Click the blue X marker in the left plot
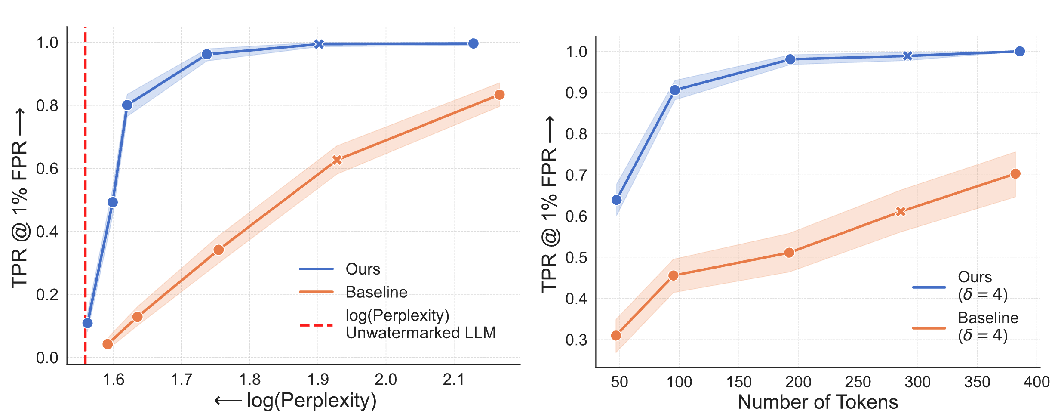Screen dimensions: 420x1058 319,44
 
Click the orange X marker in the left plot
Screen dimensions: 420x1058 337,160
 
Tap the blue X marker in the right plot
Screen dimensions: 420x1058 907,56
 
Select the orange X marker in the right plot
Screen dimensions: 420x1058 901,212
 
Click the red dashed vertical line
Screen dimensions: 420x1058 85,194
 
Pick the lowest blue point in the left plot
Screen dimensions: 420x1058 87,323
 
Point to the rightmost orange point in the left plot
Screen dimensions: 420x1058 499,95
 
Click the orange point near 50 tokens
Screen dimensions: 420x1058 616,336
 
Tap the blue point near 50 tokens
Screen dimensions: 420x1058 616,200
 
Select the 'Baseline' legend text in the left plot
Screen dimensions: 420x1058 376,292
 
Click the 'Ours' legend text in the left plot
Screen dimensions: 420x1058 363,269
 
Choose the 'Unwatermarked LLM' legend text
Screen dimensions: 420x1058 421,333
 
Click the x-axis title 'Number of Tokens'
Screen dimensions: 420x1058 818,402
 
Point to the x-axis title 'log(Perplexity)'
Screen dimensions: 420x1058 311,401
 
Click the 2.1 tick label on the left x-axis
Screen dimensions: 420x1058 454,380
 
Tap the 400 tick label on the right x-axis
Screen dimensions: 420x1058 1036,382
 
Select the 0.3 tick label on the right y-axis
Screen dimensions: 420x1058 576,340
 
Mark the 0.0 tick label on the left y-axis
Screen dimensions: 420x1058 47,358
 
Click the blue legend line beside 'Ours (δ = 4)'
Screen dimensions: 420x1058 929,287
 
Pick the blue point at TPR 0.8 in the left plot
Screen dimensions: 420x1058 127,105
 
